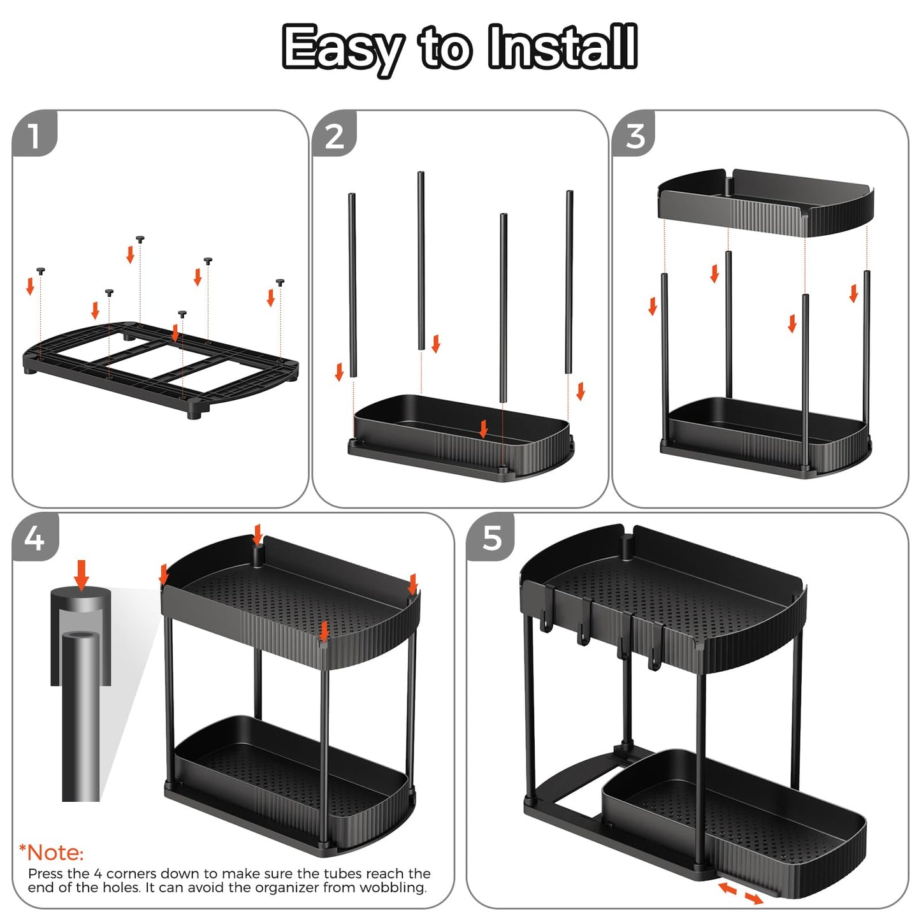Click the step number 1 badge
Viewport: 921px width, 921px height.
(x=34, y=135)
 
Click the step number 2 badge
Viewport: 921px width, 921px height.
(x=334, y=136)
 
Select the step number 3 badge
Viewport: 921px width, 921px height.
(x=635, y=136)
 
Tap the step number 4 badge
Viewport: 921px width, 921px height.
(x=34, y=539)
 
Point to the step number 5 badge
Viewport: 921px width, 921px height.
(x=491, y=539)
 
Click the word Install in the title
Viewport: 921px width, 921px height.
(x=562, y=47)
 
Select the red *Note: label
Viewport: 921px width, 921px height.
(x=52, y=853)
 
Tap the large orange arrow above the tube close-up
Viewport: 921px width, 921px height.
(x=81, y=574)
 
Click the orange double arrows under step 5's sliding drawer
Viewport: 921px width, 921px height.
(x=740, y=892)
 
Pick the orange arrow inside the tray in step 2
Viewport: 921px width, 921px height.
(x=484, y=428)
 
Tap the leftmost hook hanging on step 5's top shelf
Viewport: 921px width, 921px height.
(x=546, y=621)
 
